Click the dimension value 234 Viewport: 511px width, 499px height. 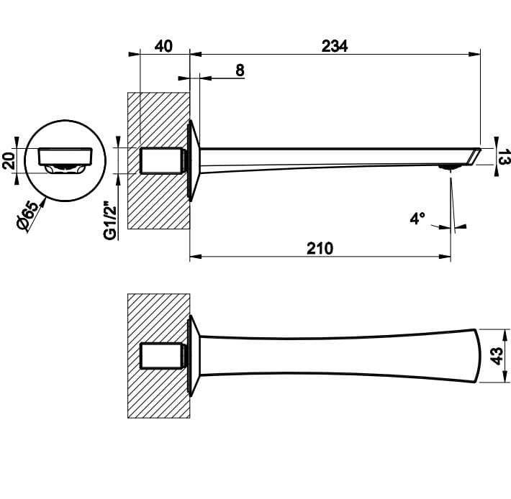335,46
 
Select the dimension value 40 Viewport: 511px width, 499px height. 163,46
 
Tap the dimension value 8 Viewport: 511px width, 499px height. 240,70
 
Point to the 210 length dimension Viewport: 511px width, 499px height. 320,248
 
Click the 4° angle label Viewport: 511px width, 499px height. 417,219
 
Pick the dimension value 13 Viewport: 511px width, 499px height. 504,157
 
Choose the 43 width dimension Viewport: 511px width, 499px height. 497,356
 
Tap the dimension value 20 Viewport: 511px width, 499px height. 9,160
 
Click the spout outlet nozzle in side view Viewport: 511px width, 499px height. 450,167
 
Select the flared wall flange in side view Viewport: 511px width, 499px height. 194,160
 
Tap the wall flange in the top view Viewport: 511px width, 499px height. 194,356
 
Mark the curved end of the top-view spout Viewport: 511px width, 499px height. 477,356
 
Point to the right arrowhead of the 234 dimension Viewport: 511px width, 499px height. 474,54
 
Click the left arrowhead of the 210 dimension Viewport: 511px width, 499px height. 196,257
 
